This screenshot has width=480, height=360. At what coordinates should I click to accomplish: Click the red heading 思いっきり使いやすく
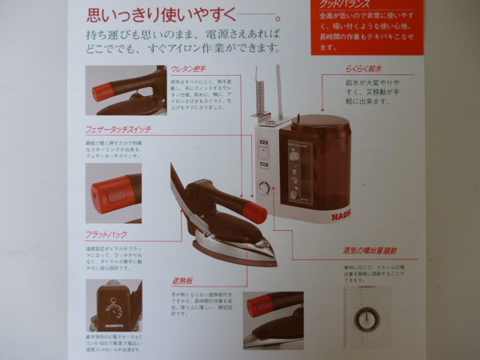pos(172,13)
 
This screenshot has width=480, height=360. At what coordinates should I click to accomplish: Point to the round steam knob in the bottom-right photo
pos(366,319)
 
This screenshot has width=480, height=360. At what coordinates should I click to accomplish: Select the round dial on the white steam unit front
pos(263,187)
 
